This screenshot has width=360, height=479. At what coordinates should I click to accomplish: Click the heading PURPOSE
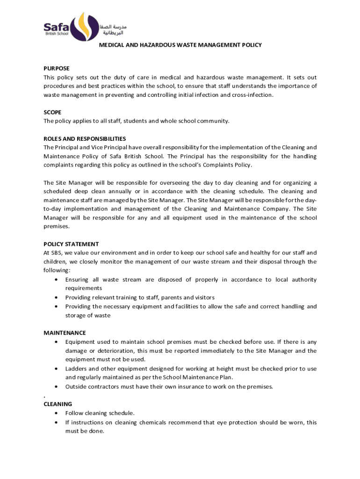(x=57, y=68)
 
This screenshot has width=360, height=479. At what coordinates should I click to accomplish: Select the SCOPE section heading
(x=52, y=112)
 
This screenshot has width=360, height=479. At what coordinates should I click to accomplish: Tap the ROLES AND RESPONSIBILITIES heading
(x=85, y=139)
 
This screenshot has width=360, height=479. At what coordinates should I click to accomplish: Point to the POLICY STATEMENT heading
(x=71, y=244)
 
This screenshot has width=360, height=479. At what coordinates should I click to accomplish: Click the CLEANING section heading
(x=58, y=404)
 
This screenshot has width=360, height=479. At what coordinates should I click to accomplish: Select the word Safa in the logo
(x=56, y=27)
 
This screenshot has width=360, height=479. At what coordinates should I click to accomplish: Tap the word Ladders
(x=76, y=369)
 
